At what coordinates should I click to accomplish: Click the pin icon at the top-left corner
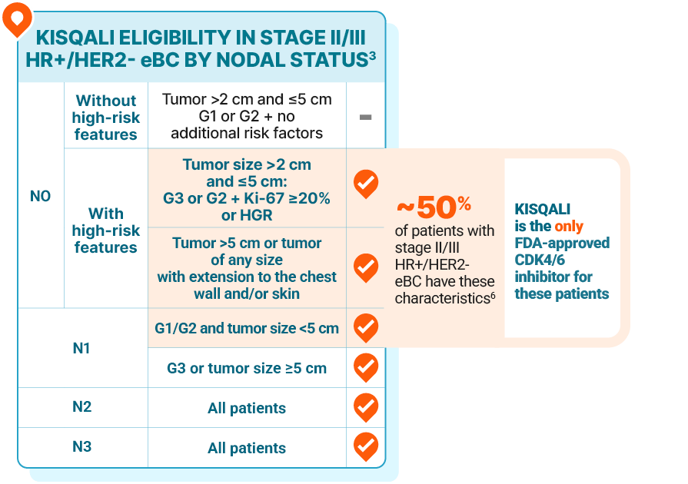click(16, 18)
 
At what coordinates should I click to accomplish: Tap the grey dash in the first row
click(365, 117)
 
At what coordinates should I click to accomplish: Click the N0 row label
click(40, 196)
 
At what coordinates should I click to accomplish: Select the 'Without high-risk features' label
click(105, 117)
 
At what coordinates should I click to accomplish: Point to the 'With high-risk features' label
click(105, 230)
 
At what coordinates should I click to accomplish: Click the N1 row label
click(81, 347)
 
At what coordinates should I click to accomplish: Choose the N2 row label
click(81, 406)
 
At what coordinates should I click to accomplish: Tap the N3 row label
click(81, 446)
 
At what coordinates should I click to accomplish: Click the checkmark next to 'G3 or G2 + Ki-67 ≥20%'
click(365, 184)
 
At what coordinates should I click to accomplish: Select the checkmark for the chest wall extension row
click(365, 267)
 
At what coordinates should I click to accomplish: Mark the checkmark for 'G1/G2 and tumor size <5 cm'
click(365, 327)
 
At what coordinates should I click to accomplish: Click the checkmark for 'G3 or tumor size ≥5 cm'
click(365, 367)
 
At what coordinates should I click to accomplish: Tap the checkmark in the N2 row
click(365, 406)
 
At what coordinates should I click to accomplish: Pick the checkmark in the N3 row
click(365, 446)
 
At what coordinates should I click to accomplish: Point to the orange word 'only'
click(569, 227)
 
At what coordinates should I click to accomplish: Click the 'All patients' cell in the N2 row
click(247, 408)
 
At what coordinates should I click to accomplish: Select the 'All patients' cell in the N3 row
click(247, 448)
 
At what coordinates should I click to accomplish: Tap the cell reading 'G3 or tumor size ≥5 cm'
click(247, 368)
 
